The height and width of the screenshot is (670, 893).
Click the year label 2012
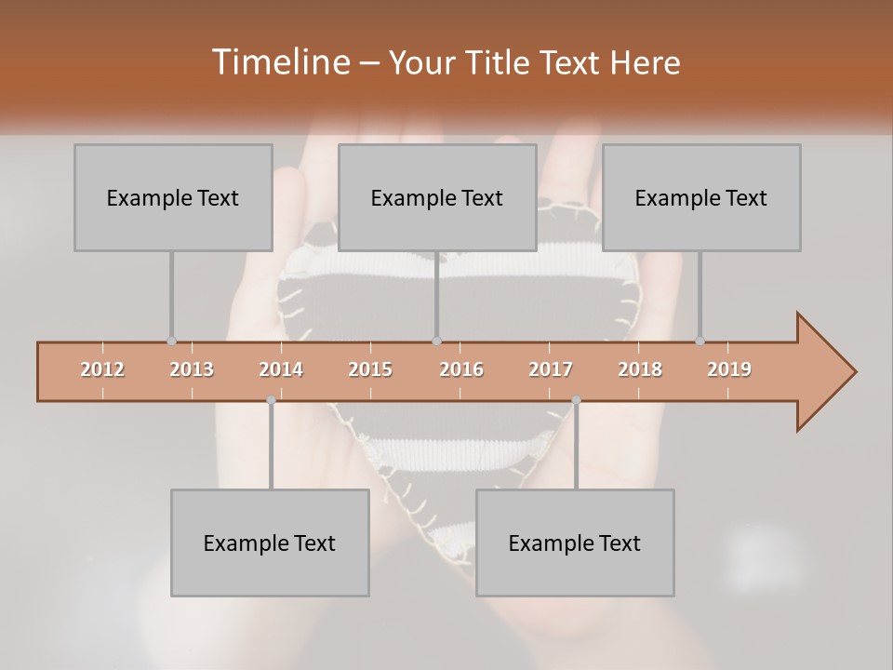pos(102,369)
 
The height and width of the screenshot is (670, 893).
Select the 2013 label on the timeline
pos(192,369)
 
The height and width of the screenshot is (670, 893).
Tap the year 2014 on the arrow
pos(281,369)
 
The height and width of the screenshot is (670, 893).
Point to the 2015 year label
pos(370,369)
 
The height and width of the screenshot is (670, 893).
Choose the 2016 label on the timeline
pos(461,369)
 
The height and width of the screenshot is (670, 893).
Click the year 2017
pos(551,369)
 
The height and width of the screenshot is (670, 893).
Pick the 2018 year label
pos(640,369)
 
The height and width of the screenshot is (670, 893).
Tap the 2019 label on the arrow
pos(729,369)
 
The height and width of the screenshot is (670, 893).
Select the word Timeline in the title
pos(279,62)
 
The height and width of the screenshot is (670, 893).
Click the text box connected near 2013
pos(173,197)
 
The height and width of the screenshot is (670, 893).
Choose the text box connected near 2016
pos(437,197)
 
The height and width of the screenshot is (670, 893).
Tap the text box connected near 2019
pos(701,197)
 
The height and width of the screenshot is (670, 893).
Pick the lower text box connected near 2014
pos(270,543)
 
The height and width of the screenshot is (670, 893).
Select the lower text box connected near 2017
pos(575,543)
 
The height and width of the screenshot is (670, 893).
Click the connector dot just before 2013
pos(171,341)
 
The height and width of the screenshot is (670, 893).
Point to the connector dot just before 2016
pos(437,341)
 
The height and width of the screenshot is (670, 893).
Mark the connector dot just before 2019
pos(700,341)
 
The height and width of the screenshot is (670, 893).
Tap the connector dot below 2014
pos(271,400)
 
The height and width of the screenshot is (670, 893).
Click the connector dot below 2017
pos(576,400)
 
